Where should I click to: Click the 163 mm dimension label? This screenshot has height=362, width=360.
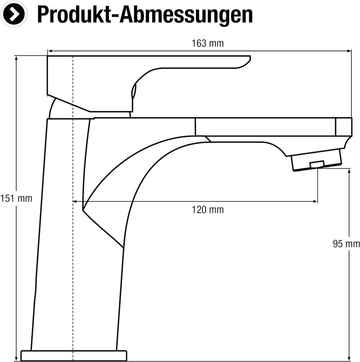click(x=207, y=43)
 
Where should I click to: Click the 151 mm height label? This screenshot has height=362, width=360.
click(x=16, y=199)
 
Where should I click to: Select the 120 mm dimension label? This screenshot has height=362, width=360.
click(x=207, y=210)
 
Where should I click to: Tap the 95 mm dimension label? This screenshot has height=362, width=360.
click(x=346, y=244)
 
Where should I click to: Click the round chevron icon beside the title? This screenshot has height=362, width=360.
click(x=14, y=14)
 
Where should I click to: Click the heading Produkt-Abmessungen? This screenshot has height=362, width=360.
click(x=145, y=15)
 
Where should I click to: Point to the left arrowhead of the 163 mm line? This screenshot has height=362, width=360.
click(x=49, y=51)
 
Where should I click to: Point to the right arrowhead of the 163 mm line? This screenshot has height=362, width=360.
click(x=349, y=51)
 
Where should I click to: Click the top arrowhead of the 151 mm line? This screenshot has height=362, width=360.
click(x=16, y=58)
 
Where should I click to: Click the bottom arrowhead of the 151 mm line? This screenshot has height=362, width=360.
click(x=16, y=359)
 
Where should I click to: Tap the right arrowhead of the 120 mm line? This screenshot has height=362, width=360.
click(x=315, y=202)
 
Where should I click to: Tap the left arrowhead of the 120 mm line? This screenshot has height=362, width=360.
click(x=75, y=202)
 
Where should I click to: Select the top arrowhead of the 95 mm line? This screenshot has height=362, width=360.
click(x=349, y=171)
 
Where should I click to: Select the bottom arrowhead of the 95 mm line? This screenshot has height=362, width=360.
click(x=349, y=359)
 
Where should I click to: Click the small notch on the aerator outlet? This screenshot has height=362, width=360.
click(x=317, y=164)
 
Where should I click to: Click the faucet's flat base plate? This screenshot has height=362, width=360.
click(x=74, y=356)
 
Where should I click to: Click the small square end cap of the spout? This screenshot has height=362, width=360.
click(x=344, y=127)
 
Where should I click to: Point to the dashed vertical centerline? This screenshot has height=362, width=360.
click(x=73, y=208)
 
